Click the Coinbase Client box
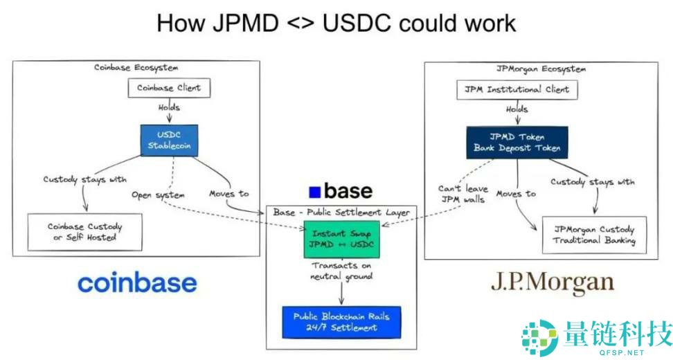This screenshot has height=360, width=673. [x=169, y=88]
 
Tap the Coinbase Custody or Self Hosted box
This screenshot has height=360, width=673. [x=84, y=232]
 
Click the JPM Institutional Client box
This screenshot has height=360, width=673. [x=517, y=89]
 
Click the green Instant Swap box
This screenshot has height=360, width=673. [x=340, y=238]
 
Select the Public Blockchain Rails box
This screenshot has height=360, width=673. [x=341, y=322]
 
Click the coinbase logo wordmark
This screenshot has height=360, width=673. [x=137, y=282]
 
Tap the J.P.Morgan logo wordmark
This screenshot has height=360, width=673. [x=552, y=282]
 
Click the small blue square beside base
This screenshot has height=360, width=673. [x=314, y=192]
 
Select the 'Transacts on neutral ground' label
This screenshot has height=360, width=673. [x=341, y=271]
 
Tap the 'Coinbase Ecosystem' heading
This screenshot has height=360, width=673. [x=136, y=67]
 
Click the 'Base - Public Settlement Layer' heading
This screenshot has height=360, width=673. [x=341, y=212]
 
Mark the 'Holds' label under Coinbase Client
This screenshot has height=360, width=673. [x=168, y=107]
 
